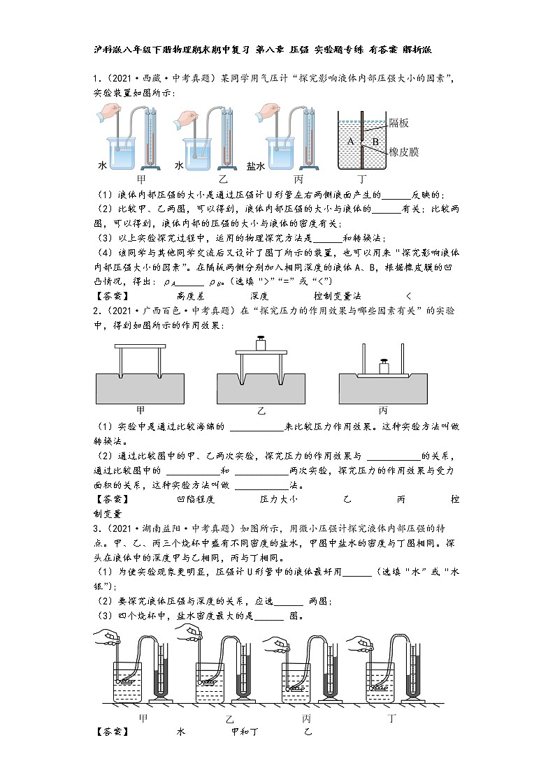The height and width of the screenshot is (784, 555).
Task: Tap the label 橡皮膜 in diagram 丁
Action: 404,151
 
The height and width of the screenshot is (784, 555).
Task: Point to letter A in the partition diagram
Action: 350,140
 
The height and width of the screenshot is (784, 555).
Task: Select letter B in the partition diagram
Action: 375,141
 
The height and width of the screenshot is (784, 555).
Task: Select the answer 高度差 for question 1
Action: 189,296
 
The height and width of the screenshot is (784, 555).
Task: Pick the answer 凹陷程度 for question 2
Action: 196,499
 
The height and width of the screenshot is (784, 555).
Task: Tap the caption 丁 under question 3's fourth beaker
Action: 391,718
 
